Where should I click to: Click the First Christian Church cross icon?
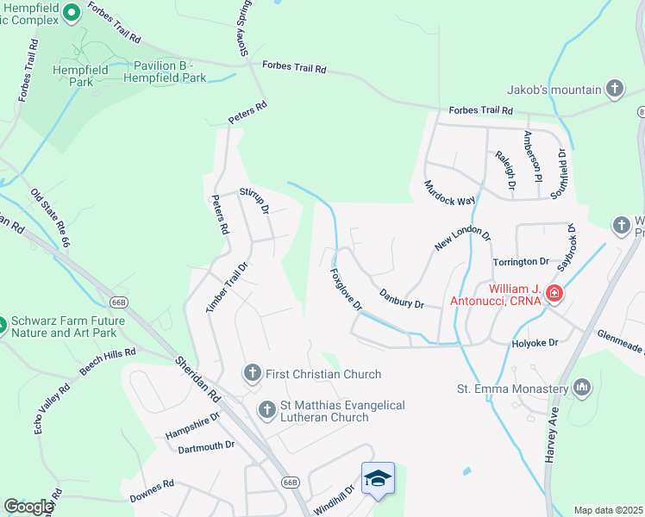coord(252,373)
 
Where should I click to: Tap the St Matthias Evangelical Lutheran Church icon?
coord(267,408)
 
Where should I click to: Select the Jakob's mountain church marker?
coord(614,88)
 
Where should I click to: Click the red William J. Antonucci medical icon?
coord(554,296)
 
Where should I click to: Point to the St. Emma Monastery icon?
coord(584,387)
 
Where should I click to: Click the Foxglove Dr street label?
coord(346,290)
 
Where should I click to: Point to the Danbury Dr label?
coord(402,298)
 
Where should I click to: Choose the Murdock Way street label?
coord(450,193)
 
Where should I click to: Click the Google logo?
coord(28,507)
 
